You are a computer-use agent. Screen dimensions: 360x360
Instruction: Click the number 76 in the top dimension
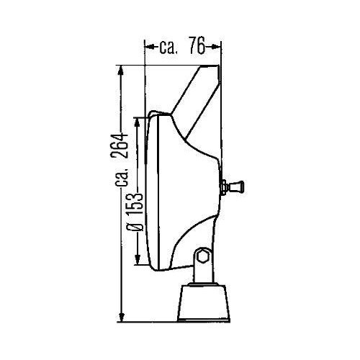click(x=193, y=48)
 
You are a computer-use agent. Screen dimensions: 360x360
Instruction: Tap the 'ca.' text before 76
click(x=168, y=48)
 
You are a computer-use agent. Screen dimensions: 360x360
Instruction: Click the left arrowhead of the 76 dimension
click(x=148, y=48)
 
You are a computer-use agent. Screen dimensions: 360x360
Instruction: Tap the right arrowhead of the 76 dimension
click(x=215, y=48)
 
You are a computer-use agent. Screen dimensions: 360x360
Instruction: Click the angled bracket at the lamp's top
click(x=197, y=94)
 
